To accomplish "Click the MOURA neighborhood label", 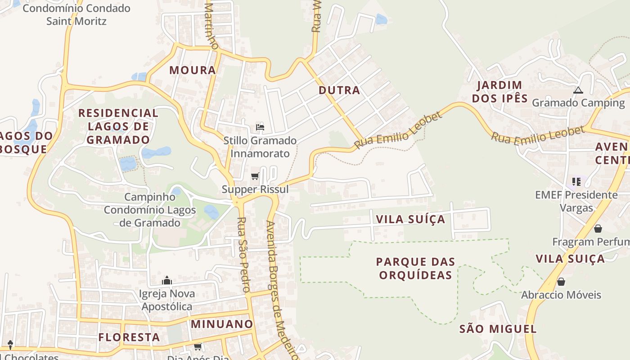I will coord(193,70).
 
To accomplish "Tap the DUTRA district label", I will coord(339,90).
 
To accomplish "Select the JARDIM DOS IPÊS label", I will coord(499,91).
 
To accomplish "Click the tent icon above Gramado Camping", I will coord(578,90).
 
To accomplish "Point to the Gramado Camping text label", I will coord(578,103).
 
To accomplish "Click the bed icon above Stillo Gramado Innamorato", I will coord(260,128).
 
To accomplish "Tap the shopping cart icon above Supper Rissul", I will coord(255,176).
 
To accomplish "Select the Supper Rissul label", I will coord(255,189).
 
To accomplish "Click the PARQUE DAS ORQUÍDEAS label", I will coord(415,268).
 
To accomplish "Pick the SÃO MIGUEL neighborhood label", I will coord(498,329).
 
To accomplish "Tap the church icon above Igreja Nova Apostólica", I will coord(167,281).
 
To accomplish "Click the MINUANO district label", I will coord(222,324).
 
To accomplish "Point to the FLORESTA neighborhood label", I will coord(129,337).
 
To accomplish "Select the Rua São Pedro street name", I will coord(243,255).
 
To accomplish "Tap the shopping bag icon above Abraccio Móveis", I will coord(561,282).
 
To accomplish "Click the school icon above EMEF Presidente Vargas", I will coord(576,182).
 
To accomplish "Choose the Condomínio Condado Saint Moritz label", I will coord(76,14).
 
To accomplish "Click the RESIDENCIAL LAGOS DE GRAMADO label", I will coord(118,126).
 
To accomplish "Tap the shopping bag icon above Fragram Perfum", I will coord(598,229).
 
